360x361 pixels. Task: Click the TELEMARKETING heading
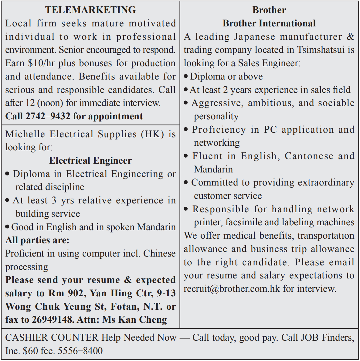(x=90, y=10)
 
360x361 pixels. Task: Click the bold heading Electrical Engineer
(x=90, y=160)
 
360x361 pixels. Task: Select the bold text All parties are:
(x=37, y=240)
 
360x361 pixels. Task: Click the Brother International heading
(x=269, y=23)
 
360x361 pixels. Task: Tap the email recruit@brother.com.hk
(x=232, y=288)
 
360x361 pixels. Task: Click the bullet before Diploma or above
(x=186, y=77)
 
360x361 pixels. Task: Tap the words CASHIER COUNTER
(x=52, y=337)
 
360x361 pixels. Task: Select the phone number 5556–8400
(x=80, y=351)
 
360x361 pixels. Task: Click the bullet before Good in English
(x=7, y=227)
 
